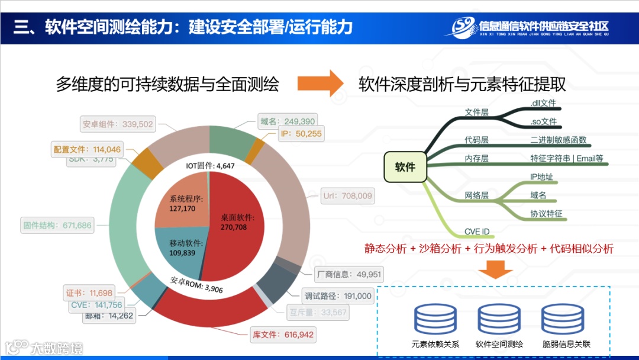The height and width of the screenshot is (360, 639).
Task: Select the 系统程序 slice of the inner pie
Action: pyautogui.click(x=180, y=204)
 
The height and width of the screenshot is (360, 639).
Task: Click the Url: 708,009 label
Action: pyautogui.click(x=347, y=196)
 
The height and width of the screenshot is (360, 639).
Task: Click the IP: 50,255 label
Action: pyautogui.click(x=301, y=134)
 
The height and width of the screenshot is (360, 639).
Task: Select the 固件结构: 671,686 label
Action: pyautogui.click(x=58, y=225)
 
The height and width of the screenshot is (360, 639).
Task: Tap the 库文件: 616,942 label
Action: pyautogui.click(x=283, y=335)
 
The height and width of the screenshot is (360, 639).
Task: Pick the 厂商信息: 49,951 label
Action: pyautogui.click(x=350, y=274)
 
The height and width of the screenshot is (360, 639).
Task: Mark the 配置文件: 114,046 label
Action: pyautogui.click(x=87, y=150)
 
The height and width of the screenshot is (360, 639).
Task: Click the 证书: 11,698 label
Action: pyautogui.click(x=89, y=293)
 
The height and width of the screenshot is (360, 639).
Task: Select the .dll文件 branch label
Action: pyautogui.click(x=544, y=103)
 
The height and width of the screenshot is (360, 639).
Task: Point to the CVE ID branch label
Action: pyautogui.click(x=477, y=232)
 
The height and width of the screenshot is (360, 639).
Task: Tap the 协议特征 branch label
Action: pyautogui.click(x=546, y=214)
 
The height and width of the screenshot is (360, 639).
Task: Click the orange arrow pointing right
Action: pyautogui.click(x=319, y=83)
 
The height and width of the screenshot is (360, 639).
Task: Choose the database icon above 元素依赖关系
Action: pyautogui.click(x=435, y=320)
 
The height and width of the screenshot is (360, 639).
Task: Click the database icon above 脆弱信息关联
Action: pyautogui.click(x=563, y=320)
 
